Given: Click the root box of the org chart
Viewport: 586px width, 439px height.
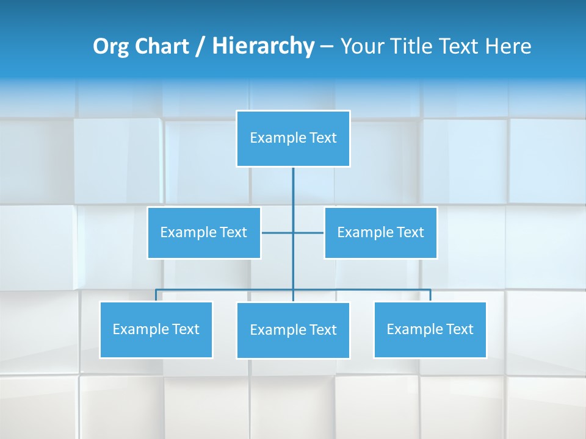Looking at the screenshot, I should [293, 138].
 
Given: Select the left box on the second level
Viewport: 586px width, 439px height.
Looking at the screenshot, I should [204, 232].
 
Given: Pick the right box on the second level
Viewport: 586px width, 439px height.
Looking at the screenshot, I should [381, 232].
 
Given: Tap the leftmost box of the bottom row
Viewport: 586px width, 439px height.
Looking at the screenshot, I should [156, 329].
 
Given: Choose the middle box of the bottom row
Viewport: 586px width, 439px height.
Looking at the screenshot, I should [293, 330].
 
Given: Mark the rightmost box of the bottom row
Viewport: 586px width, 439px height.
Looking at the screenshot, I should [430, 329].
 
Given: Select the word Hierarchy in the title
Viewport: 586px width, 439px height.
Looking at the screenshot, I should [262, 46].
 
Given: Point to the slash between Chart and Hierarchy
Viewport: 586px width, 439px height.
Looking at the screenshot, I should [200, 46].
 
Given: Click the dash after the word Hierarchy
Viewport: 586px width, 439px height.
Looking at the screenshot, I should [327, 46].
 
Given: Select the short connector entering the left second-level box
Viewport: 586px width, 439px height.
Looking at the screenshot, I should [277, 232].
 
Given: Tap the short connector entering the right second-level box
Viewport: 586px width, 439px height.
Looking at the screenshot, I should [309, 232].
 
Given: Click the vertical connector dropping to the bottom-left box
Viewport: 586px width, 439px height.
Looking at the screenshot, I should [156, 295].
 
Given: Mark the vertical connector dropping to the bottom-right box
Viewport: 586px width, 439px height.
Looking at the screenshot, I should [430, 295].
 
